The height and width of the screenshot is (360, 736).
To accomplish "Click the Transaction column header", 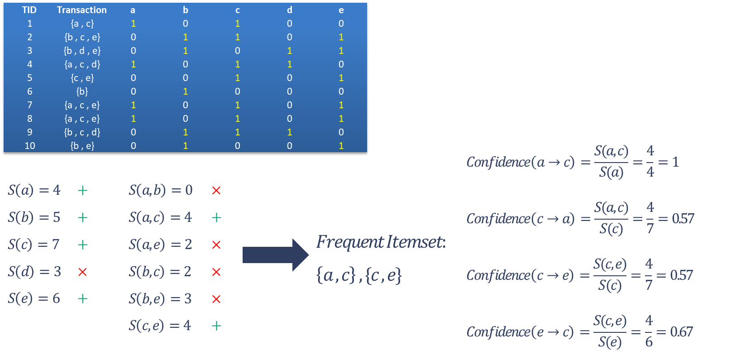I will click(82, 10).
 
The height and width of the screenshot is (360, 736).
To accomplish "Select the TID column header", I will click(29, 10).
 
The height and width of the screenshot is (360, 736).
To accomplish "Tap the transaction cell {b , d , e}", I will click(82, 51).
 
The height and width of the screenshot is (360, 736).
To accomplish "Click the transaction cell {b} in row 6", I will click(82, 91).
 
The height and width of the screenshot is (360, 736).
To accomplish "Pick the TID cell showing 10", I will click(30, 146).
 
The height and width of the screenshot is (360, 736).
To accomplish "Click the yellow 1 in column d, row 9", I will click(289, 132).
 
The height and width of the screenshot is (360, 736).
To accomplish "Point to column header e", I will click(341, 10).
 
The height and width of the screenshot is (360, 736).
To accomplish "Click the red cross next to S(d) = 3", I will click(82, 272).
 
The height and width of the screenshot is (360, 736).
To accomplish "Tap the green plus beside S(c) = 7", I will click(82, 245).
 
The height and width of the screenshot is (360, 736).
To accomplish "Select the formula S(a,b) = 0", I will click(160, 190).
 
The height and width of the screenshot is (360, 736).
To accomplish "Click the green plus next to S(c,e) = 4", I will click(216, 326).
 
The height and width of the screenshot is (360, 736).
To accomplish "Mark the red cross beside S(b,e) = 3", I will click(216, 299).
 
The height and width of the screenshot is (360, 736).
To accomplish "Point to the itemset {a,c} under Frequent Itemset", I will click(335, 275).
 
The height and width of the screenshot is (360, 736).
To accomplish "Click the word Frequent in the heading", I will click(349, 242).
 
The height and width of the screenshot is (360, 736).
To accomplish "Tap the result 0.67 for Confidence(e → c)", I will click(681, 332).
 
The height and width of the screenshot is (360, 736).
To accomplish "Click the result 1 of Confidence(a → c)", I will click(675, 162).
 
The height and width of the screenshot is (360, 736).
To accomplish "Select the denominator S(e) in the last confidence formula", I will click(610, 342).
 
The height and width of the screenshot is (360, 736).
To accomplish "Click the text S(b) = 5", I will click(34, 217).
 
